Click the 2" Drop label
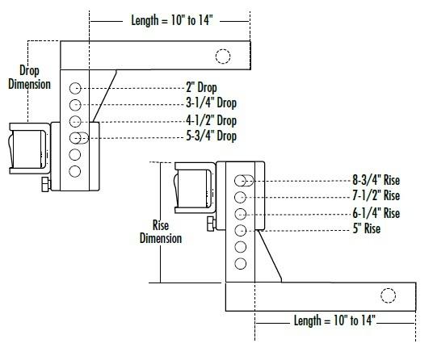pyautogui.click(x=201, y=88)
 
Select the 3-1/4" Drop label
pyautogui.click(x=212, y=103)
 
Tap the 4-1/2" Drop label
pyautogui.click(x=212, y=120)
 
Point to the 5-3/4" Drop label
pyautogui.click(x=212, y=136)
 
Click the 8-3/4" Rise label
pyautogui.click(x=376, y=181)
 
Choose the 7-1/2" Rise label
pyautogui.click(x=376, y=196)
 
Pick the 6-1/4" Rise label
pyautogui.click(x=376, y=213)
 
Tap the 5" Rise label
pyautogui.click(x=367, y=228)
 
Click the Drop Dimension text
pyautogui.click(x=29, y=77)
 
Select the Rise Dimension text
pyautogui.click(x=161, y=232)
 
